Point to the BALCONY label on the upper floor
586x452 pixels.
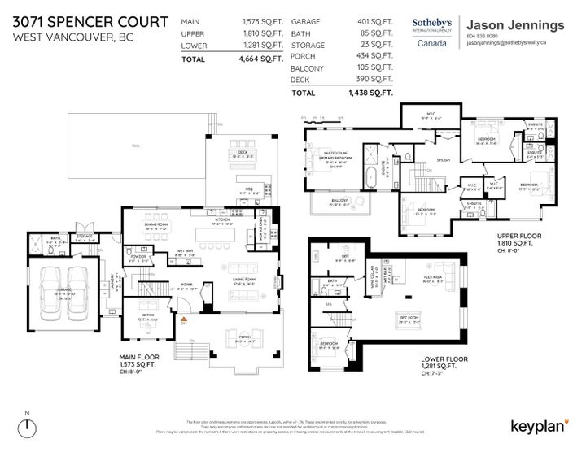coord(340,200)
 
